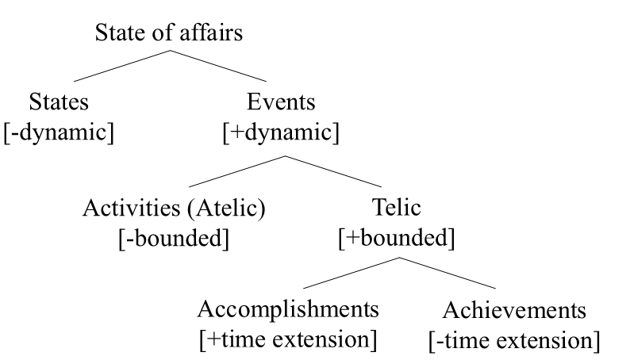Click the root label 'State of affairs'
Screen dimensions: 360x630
(168, 33)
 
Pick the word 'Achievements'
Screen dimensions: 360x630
(514, 310)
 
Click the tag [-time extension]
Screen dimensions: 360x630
(514, 341)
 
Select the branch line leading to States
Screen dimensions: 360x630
(121, 66)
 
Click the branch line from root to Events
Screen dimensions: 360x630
(218, 66)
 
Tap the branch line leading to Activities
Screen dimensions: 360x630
(236, 171)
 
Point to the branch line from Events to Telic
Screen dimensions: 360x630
(333, 171)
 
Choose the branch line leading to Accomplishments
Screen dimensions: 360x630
(351, 273)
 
